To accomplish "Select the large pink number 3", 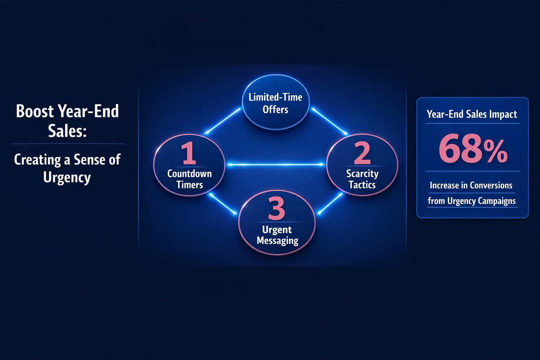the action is click(277, 208).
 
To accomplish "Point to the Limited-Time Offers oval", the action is click(276, 102).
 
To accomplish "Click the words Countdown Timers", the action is click(189, 179).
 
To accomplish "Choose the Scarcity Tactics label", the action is click(362, 179).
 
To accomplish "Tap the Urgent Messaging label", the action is click(277, 235).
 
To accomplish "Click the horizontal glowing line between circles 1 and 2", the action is click(276, 165).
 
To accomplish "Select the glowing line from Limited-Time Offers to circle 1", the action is click(223, 121).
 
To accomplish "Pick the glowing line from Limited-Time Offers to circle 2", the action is click(329, 121).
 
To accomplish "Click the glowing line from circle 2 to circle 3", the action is click(330, 204).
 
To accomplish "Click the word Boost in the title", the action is click(35, 111).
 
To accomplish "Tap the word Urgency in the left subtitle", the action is click(67, 178).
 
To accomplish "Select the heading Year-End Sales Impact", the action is click(472, 114).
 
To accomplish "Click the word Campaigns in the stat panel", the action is click(497, 201).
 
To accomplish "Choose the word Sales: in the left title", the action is click(67, 131).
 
